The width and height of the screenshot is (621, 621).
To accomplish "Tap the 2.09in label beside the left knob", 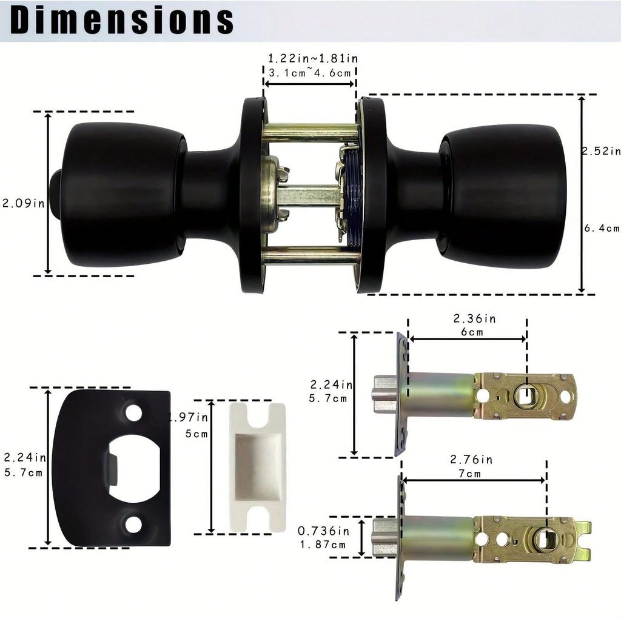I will tap(24, 204).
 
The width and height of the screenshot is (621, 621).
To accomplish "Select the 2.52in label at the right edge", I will tap(601, 151).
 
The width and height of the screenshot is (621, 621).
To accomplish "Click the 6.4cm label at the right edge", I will tap(602, 229).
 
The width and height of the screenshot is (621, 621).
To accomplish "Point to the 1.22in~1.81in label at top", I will tap(312, 59).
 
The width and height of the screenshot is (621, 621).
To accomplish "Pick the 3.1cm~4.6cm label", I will tap(310, 73).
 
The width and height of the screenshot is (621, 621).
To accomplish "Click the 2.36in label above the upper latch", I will tap(474, 318).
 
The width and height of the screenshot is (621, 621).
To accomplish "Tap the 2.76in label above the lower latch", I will tap(471, 460).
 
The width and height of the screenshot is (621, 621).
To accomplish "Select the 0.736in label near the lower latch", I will tap(323, 531).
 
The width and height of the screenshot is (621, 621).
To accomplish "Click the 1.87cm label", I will tap(323, 544).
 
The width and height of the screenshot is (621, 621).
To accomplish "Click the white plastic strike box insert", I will tap(258, 467).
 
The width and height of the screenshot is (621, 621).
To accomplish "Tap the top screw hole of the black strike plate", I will tap(133, 413).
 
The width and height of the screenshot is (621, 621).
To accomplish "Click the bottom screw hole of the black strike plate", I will tap(133, 525).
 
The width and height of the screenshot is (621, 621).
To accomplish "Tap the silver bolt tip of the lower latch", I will tap(385, 538).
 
